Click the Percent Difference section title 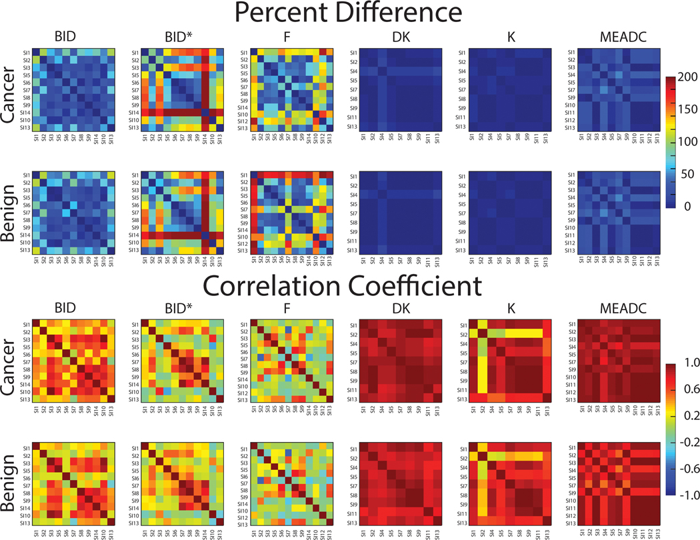pos(349,15)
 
